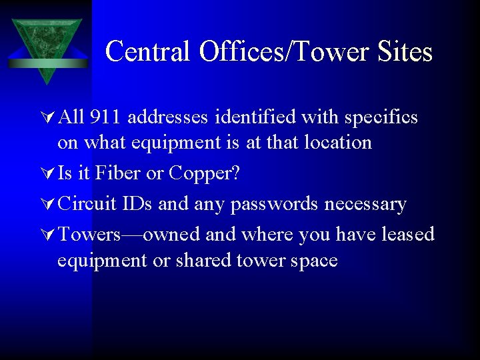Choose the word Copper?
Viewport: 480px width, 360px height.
[x=205, y=173]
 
